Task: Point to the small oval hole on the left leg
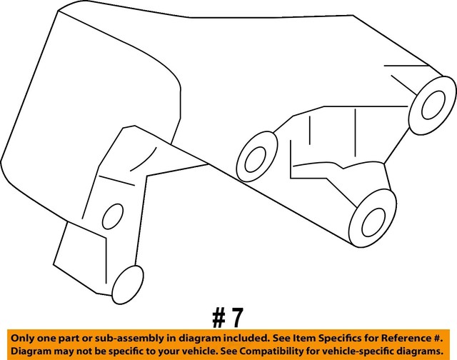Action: (111, 216)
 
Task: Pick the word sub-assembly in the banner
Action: (119, 336)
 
